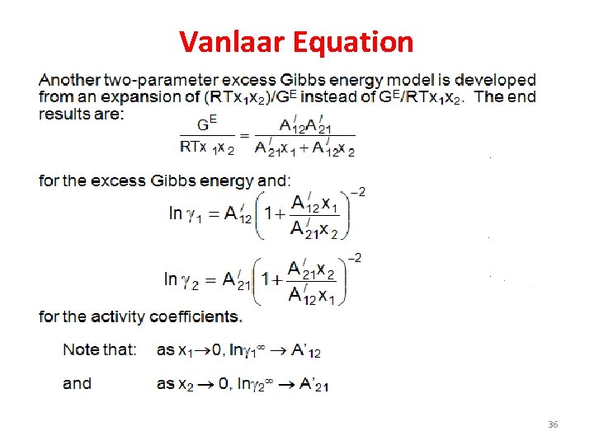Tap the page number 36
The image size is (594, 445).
[553, 424]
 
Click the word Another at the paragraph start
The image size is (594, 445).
[69, 81]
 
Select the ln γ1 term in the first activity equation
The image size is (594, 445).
[186, 213]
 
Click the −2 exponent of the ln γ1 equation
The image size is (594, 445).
[358, 193]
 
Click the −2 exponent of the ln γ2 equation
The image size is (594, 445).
[354, 258]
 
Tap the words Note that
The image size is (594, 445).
[100, 349]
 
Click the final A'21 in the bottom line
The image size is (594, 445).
[314, 384]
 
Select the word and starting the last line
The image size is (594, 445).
[77, 383]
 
